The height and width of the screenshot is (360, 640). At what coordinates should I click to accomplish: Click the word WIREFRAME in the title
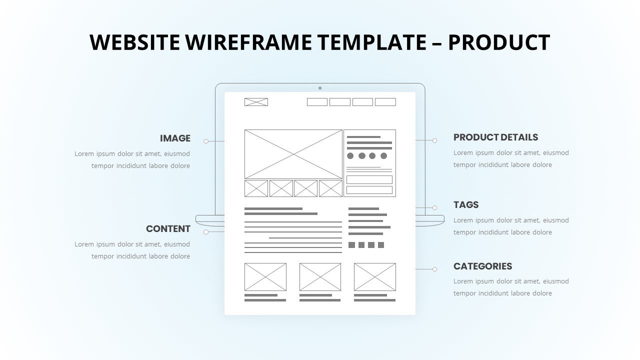coord(248,42)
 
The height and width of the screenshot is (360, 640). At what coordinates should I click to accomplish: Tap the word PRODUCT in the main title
coord(499,42)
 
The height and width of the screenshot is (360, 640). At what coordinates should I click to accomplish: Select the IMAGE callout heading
coord(175,138)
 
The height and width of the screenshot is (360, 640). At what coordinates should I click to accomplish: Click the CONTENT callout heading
coord(168,229)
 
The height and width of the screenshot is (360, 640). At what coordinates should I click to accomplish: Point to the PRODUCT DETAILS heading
coord(495,137)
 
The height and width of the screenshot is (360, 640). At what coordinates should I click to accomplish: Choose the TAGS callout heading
coord(466,205)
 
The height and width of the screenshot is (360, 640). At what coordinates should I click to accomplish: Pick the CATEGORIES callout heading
coord(483,266)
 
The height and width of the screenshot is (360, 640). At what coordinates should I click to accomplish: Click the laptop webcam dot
coord(320,88)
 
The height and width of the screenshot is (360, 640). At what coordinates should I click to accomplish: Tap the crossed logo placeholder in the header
coord(256,102)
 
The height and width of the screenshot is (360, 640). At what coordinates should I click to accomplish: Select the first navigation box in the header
coord(317,102)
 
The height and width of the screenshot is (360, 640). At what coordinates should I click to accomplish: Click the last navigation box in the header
coord(385,102)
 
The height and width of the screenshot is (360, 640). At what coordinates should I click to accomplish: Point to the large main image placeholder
coord(293,154)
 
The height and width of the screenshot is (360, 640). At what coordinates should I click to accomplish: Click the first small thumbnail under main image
coord(256,188)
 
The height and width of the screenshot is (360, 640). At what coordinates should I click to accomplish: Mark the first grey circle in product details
coord(350,155)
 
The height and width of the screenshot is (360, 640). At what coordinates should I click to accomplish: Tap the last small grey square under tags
coord(381,245)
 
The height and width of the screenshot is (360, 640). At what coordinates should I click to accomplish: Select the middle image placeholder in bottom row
coord(320,277)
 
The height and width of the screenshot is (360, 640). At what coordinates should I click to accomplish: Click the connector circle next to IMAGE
coord(206,141)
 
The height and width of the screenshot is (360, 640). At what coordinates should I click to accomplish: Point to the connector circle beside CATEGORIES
coord(434,269)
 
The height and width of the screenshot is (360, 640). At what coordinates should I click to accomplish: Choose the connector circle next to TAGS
coord(434,207)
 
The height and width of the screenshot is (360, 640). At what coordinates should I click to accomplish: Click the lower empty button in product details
coord(369,190)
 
